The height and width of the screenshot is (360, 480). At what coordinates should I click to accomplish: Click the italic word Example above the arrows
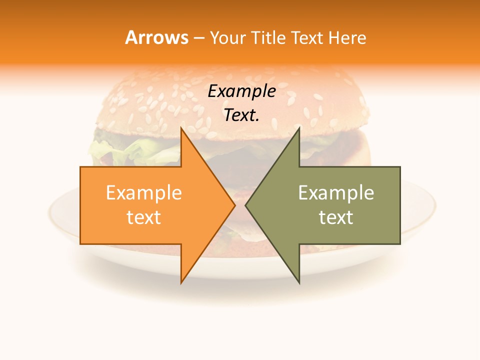click(241, 91)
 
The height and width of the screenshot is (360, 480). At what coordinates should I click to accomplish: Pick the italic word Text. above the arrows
click(241, 115)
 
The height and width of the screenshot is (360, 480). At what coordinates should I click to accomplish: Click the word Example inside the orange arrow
click(144, 193)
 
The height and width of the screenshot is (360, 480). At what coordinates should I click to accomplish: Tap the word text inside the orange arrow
click(144, 217)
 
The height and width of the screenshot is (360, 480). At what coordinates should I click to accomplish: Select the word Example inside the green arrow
click(336, 193)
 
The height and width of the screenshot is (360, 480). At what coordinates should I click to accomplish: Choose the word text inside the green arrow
click(336, 217)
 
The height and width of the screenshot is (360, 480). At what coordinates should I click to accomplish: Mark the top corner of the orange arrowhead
click(181, 128)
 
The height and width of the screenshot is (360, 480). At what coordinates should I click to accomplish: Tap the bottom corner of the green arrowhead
click(299, 282)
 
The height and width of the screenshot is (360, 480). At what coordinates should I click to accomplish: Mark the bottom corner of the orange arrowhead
click(181, 282)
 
